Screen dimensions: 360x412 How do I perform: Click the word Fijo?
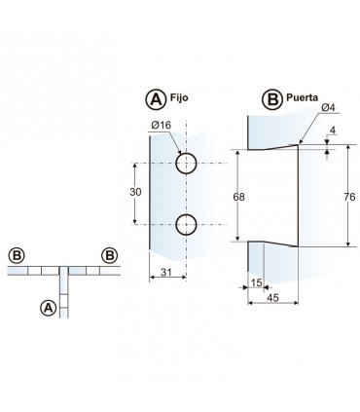click(179, 98)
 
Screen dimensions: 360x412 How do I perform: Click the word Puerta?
click(302, 98)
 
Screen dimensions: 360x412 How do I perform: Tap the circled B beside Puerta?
click(272, 99)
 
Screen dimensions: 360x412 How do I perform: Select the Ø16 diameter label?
click(161, 125)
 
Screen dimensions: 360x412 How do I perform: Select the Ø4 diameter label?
click(328, 107)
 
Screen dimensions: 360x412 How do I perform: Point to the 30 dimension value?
click(135, 192)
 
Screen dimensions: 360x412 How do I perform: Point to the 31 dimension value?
click(166, 272)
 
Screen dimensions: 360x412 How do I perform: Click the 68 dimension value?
click(239, 197)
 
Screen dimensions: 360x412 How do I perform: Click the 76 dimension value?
click(349, 197)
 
